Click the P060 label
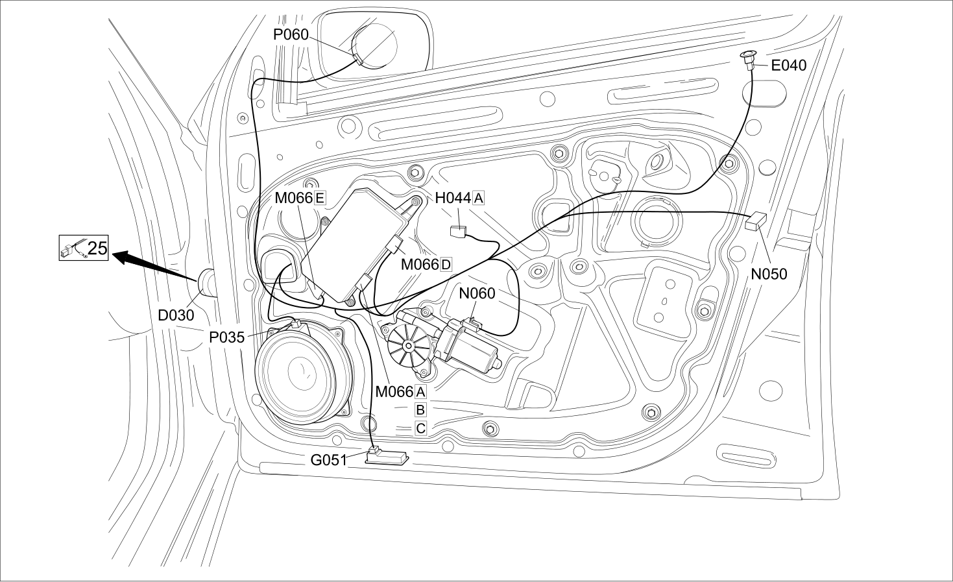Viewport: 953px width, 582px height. tap(291, 34)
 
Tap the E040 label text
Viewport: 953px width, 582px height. tap(789, 65)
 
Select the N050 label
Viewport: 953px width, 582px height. tap(769, 274)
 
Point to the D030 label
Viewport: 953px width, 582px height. tap(176, 315)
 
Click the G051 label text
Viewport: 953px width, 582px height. tap(328, 460)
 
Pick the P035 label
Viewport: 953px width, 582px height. tap(227, 337)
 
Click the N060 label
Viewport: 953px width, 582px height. tap(477, 293)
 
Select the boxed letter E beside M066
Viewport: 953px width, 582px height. tap(320, 198)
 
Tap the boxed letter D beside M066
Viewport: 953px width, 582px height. tap(446, 265)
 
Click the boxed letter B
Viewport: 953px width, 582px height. tap(420, 409)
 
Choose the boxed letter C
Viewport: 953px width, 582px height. tap(420, 428)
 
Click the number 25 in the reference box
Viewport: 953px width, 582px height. tap(97, 248)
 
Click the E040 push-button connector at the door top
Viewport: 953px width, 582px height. tap(749, 60)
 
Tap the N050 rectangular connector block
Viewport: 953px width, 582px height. tap(756, 221)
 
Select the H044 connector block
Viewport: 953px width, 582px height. tap(458, 232)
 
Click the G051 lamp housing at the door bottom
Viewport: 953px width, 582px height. tap(387, 457)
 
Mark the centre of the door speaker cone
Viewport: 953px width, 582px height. tap(302, 371)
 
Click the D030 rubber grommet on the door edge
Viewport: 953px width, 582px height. tap(206, 282)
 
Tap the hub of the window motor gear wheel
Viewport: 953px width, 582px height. tap(409, 345)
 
